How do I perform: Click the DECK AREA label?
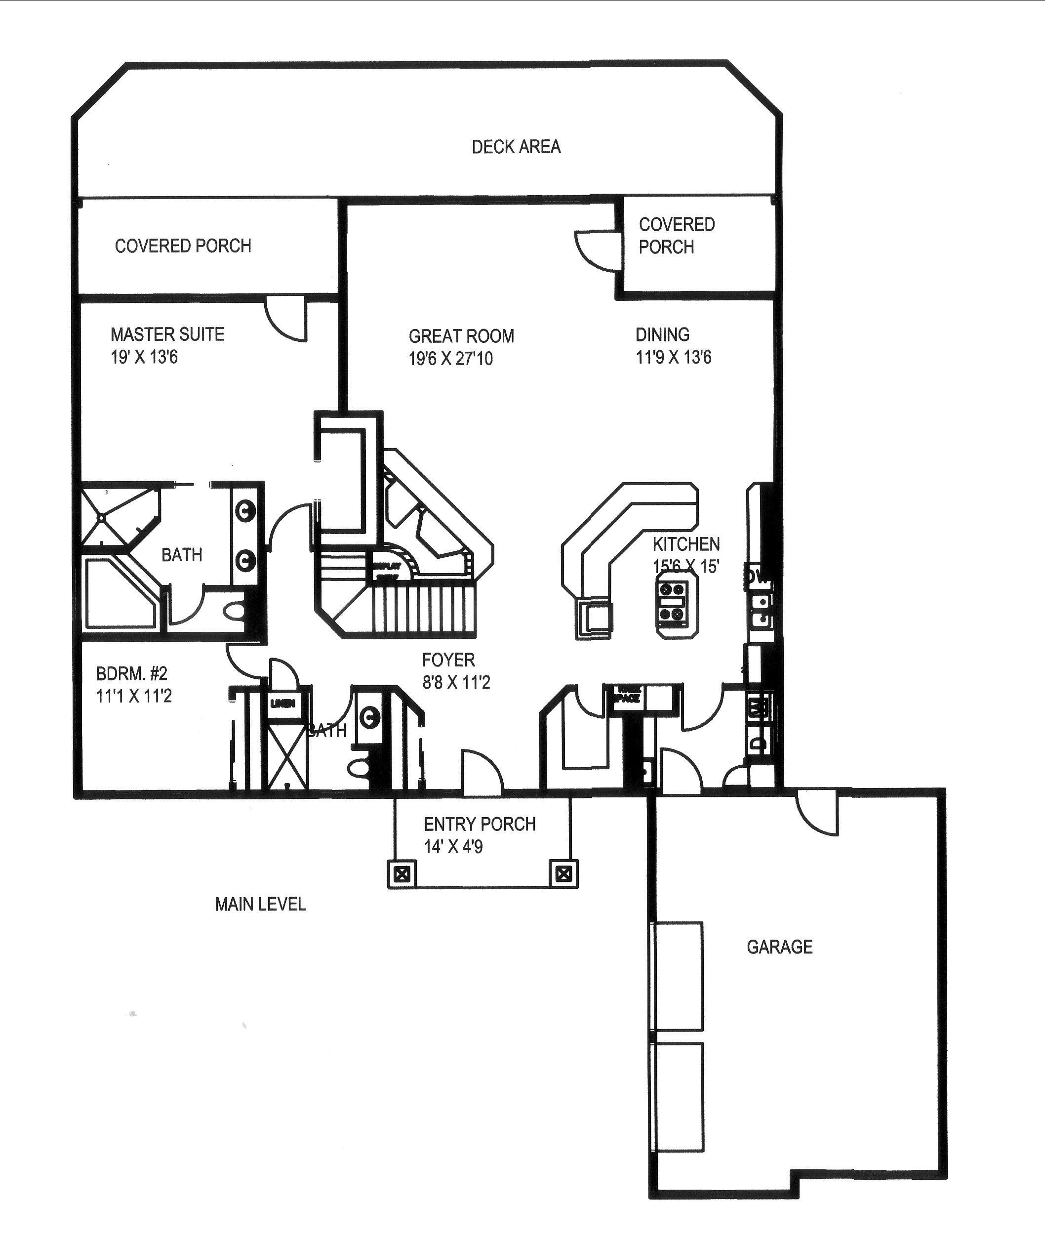[x=516, y=147]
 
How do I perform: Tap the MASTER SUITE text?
[x=167, y=335]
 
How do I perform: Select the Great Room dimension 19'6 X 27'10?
[x=450, y=359]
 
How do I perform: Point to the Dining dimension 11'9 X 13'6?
[x=673, y=357]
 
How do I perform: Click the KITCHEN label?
[x=686, y=544]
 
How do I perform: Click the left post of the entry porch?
[x=402, y=874]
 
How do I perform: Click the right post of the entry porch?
[x=564, y=874]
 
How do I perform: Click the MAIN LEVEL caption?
[x=260, y=904]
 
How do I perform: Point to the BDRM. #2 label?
[x=131, y=674]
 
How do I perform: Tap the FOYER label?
[x=448, y=660]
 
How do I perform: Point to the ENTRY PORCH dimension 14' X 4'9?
[x=453, y=847]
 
